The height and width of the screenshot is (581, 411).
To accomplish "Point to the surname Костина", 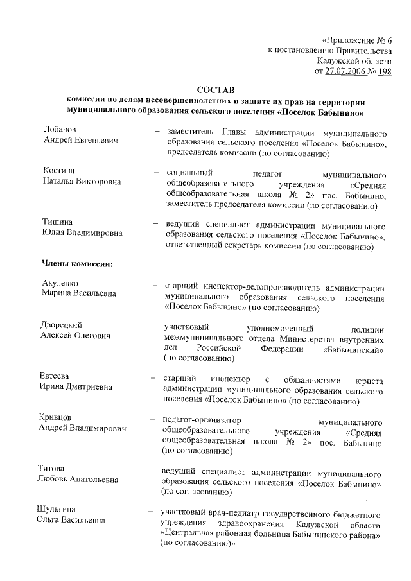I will point(58,171).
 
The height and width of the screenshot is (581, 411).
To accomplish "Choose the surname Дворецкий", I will point(64,325).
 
